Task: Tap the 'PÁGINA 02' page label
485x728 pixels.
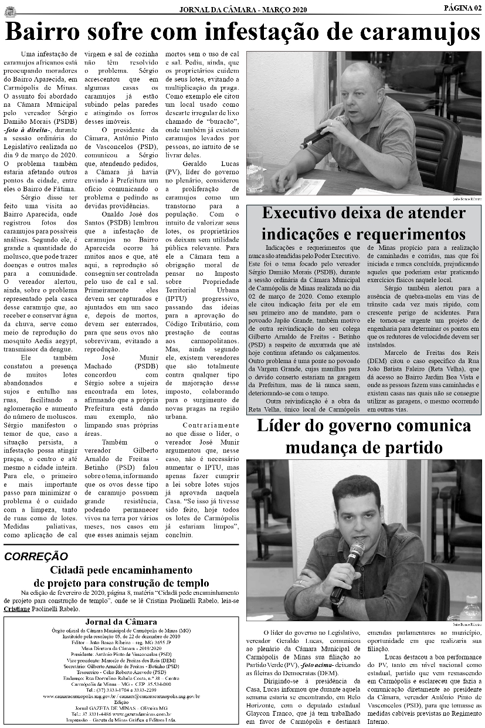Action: [462, 8]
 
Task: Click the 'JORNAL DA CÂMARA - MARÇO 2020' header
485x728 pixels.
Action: [243, 9]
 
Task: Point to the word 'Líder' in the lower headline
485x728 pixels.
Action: [280, 426]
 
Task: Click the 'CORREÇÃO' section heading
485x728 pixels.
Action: [36, 557]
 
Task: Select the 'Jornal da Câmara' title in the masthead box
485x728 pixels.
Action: [121, 622]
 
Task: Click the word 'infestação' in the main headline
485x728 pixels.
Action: [258, 32]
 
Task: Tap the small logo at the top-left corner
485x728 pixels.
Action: [10, 8]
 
